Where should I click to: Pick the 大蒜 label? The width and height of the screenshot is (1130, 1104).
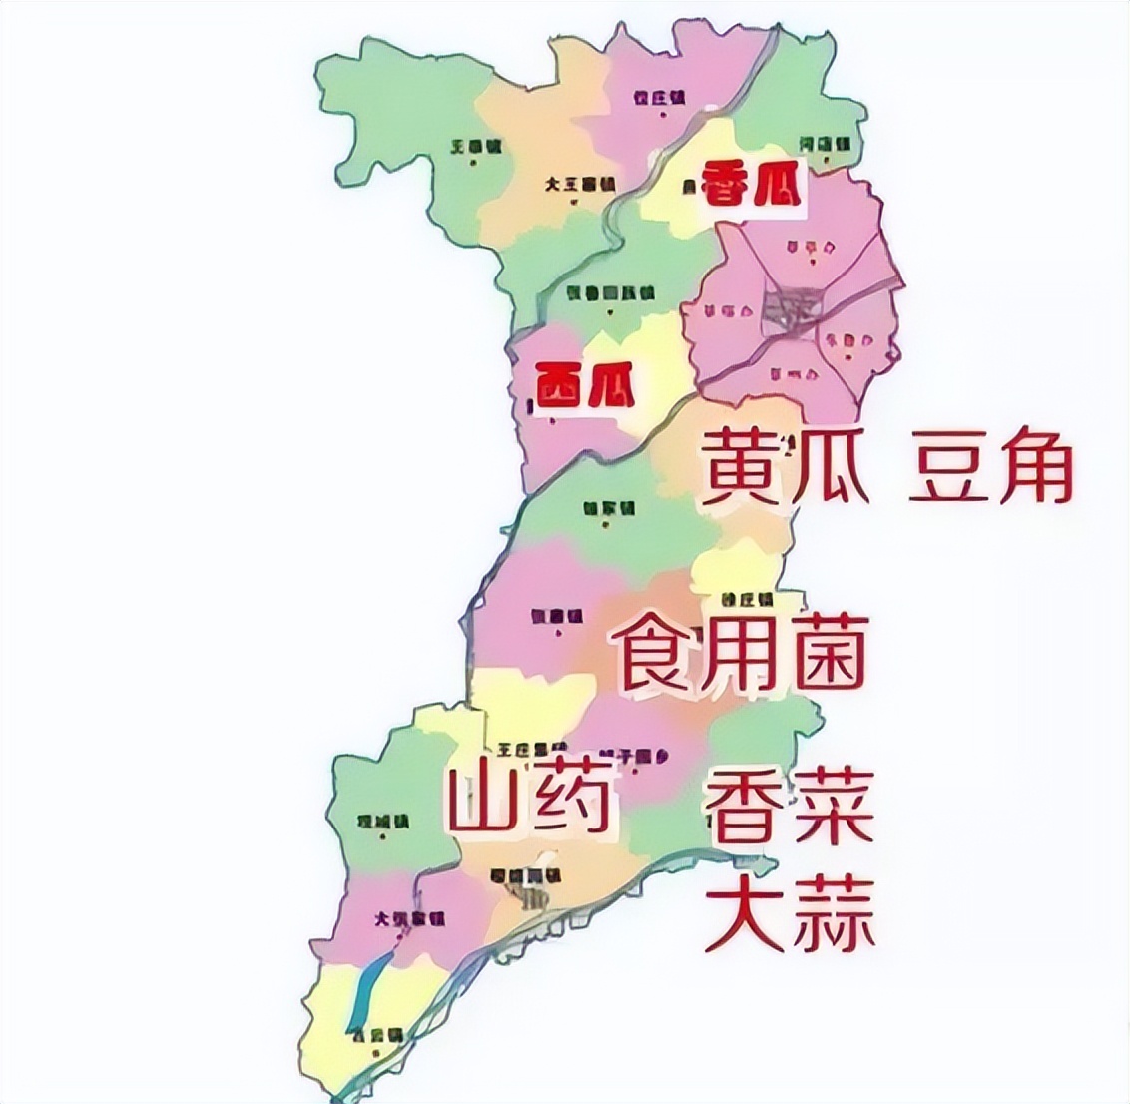pos(790,913)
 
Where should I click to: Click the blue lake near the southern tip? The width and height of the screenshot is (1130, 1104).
pos(364,988)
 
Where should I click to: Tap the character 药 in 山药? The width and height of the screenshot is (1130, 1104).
pos(570,800)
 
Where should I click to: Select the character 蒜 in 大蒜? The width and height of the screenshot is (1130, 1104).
pos(833,913)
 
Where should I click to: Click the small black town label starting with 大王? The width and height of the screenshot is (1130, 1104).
pos(580,185)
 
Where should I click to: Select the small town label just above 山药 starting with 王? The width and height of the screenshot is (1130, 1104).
pos(527,748)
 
